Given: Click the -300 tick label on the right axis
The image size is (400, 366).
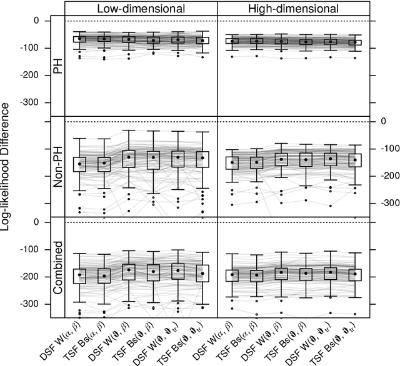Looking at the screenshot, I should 387,203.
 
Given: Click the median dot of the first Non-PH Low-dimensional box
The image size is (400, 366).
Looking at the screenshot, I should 79,164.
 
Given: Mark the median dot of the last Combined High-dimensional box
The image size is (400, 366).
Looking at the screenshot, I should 355,274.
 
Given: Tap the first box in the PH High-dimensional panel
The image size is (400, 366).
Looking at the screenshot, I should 232,42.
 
